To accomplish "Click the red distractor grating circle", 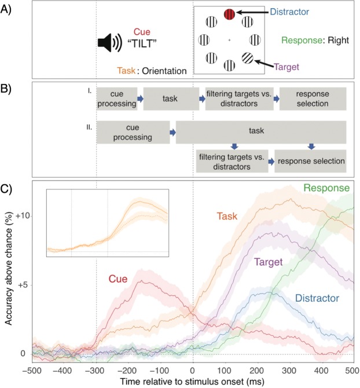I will (229, 14).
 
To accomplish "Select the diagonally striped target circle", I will (248, 58).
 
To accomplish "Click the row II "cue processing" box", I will (133, 132).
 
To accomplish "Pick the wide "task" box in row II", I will (260, 132).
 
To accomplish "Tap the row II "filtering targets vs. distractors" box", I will (232, 160).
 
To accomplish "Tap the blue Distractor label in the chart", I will (316, 299).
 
